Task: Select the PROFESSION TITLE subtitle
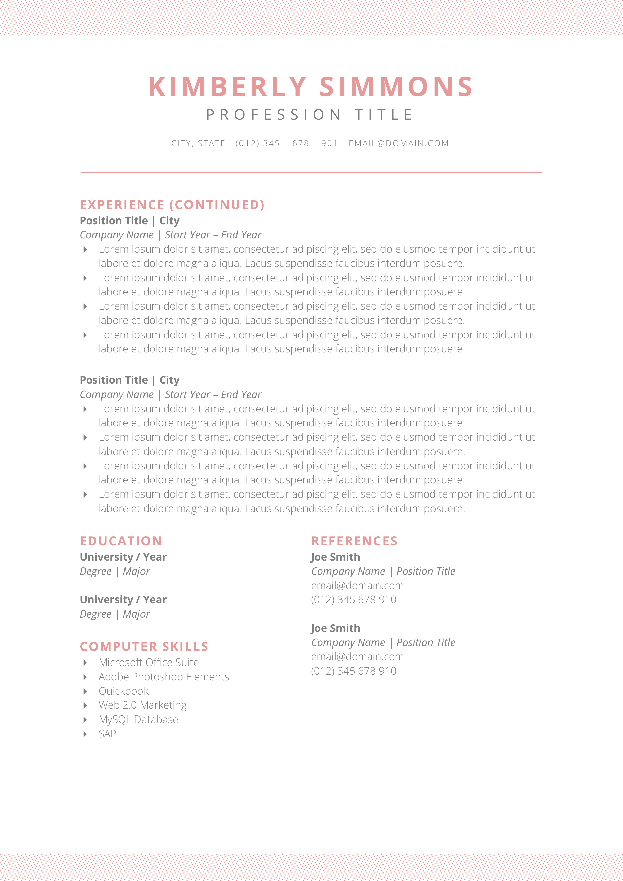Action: pyautogui.click(x=310, y=115)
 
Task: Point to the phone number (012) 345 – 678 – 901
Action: pyautogui.click(x=286, y=143)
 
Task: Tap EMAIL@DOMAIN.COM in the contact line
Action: pyautogui.click(x=398, y=143)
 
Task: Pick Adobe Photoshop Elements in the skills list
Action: pyautogui.click(x=164, y=677)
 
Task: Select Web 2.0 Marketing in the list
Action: pyautogui.click(x=142, y=705)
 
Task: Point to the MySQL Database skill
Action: pyautogui.click(x=138, y=720)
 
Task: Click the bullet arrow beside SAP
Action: pyautogui.click(x=85, y=734)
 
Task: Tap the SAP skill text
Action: pyautogui.click(x=107, y=734)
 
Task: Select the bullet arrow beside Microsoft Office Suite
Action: pyautogui.click(x=85, y=663)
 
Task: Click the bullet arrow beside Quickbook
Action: pyautogui.click(x=85, y=691)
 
